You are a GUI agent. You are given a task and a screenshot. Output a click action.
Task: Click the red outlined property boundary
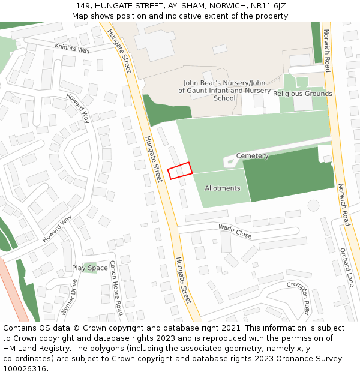click(179, 170)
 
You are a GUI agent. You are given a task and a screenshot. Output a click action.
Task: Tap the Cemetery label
click(252, 156)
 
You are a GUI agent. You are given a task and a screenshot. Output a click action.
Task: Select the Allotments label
click(222, 188)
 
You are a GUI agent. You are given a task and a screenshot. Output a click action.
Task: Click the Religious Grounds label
click(302, 94)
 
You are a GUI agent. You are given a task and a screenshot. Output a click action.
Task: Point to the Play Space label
click(90, 268)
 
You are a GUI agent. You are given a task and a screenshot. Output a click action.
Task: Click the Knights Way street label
click(72, 47)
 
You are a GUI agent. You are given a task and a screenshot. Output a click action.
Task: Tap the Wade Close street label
click(235, 232)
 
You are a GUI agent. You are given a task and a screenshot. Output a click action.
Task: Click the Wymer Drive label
click(69, 297)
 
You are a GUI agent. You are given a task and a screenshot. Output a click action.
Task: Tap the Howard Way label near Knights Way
click(77, 108)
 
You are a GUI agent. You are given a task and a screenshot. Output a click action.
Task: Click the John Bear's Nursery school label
click(224, 91)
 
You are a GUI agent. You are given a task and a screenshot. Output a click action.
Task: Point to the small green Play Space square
click(91, 268)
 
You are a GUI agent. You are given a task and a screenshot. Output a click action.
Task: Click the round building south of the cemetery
click(313, 205)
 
